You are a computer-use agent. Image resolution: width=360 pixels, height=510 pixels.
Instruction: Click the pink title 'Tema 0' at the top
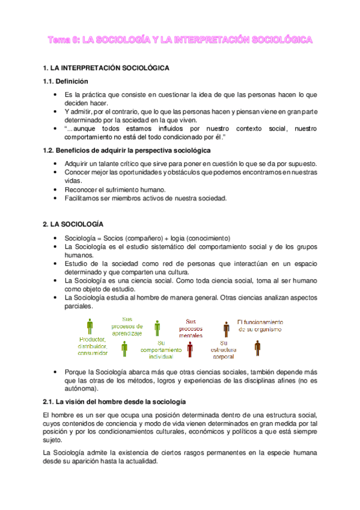point(64,40)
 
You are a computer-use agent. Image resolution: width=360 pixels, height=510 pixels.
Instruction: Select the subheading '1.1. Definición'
point(66,82)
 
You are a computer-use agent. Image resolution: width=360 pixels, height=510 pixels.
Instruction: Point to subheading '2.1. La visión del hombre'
point(114,401)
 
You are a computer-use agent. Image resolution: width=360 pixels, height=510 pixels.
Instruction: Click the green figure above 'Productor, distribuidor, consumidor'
point(91,327)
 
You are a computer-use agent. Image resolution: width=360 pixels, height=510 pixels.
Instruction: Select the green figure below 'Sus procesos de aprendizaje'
point(124,348)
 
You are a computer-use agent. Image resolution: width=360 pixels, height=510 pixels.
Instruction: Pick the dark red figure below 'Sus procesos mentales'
point(191,348)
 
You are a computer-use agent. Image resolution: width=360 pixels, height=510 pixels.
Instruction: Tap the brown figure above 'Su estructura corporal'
point(227,328)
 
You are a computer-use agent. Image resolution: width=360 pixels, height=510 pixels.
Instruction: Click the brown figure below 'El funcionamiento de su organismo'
point(258,348)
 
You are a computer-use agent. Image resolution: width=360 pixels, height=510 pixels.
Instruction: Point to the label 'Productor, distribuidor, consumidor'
point(92,346)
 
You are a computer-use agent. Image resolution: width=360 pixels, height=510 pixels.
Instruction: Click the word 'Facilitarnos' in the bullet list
point(84,198)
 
